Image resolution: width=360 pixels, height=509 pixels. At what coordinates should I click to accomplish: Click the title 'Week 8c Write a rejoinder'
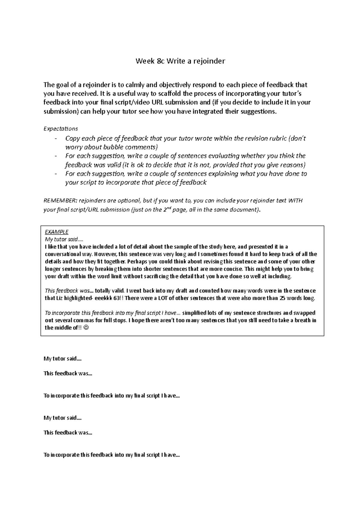(x=180, y=61)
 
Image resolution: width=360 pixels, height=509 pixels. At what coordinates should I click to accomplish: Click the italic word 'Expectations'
(x=61, y=129)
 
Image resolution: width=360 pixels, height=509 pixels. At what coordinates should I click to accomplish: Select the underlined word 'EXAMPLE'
(x=56, y=232)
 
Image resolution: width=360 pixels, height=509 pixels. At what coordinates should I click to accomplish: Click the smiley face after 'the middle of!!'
(x=87, y=328)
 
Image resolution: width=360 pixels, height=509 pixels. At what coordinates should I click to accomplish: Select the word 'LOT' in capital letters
(x=158, y=298)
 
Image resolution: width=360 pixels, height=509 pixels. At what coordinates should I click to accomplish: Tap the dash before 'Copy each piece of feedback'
(x=56, y=138)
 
